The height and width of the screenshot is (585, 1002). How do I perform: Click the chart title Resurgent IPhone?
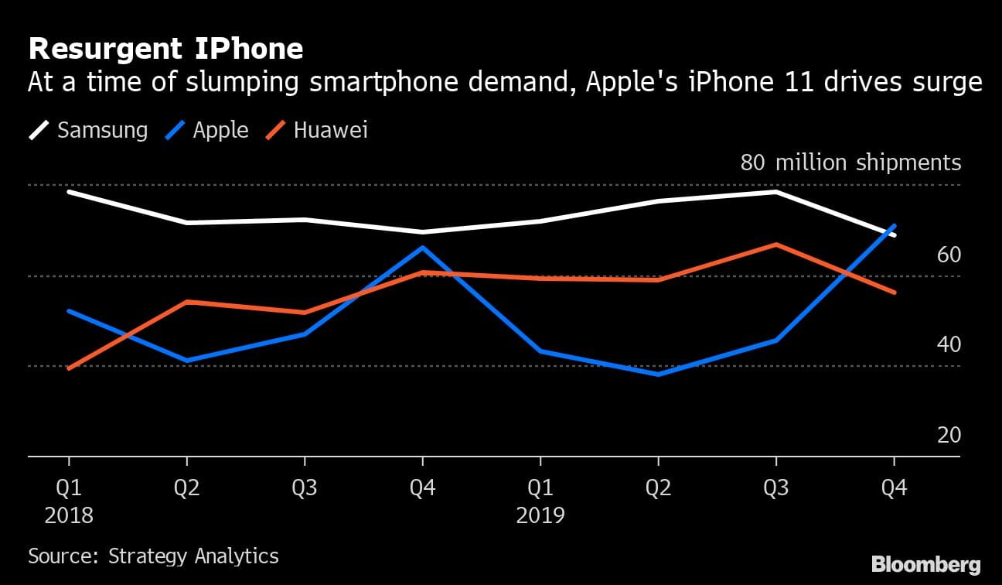(165, 50)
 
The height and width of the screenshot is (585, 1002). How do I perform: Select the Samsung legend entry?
(88, 130)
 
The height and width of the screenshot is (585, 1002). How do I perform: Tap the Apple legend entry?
(207, 130)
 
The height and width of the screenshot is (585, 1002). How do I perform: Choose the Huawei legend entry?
(317, 130)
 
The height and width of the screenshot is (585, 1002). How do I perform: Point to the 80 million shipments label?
(850, 162)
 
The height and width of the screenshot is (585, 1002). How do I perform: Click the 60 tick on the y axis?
(949, 255)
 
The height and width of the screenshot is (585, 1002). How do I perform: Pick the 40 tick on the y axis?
(949, 344)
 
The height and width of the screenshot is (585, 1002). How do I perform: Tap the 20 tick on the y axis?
(949, 435)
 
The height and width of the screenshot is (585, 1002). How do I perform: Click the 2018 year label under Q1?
(69, 515)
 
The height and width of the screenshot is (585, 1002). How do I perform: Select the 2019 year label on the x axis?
(540, 515)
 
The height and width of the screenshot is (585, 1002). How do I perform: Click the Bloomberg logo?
(925, 563)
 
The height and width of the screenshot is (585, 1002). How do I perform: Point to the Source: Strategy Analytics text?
(153, 556)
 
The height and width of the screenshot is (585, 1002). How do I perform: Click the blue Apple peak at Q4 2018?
(422, 248)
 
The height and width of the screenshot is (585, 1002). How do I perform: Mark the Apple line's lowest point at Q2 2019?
(658, 375)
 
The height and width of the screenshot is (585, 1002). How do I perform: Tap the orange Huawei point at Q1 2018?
(69, 368)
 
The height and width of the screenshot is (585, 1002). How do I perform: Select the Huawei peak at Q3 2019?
(775, 245)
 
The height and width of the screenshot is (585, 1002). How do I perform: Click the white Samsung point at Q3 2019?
(775, 191)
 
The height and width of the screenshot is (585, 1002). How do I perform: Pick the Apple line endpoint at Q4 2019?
(895, 226)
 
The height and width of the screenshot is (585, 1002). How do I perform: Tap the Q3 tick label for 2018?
(305, 487)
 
